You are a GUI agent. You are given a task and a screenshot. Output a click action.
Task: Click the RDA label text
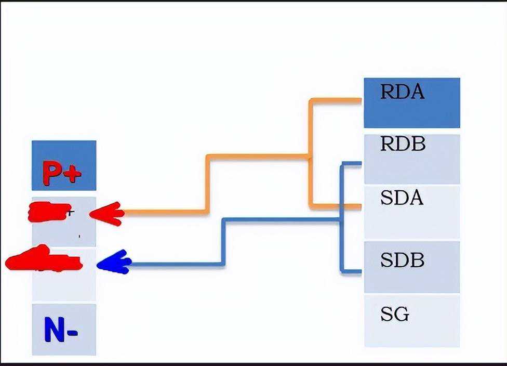tap(402, 92)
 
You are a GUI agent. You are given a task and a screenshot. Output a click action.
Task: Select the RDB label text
tap(403, 144)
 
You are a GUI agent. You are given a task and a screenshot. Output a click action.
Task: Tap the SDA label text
tap(402, 198)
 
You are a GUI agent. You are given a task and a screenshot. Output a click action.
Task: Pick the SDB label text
tap(402, 260)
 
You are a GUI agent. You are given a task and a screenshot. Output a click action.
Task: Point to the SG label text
tap(394, 315)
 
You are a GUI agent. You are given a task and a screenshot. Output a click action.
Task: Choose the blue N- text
tap(61, 330)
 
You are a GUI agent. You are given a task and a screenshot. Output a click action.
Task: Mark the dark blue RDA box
tap(411, 102)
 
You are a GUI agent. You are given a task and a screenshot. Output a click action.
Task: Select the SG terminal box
tap(411, 320)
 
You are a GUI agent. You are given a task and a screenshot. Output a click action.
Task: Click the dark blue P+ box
tap(64, 165)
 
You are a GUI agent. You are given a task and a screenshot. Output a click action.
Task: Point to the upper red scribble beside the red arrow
tap(49, 212)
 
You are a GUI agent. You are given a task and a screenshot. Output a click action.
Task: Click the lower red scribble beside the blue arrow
tap(44, 260)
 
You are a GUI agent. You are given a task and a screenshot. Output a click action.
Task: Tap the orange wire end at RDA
tap(359, 100)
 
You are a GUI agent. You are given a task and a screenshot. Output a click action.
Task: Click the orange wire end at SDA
tap(359, 207)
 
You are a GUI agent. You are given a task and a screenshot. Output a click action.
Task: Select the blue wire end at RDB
tap(359, 164)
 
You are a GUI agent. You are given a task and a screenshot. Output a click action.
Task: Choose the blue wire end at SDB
tap(359, 271)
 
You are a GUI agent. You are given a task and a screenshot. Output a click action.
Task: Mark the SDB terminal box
tap(411, 267)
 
